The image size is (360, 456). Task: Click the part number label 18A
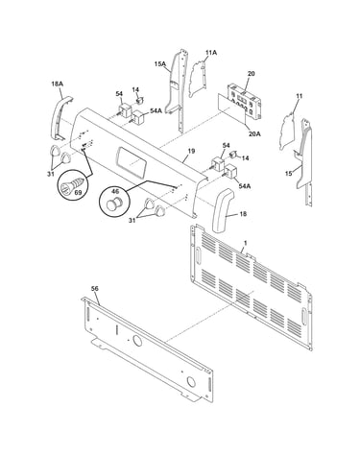coord(57,84)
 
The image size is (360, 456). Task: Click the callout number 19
coord(191,151)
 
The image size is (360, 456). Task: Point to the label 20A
coord(254,133)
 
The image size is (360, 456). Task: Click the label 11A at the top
coord(211,53)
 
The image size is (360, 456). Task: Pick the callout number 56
coord(95,289)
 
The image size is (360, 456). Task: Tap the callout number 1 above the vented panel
coord(245,243)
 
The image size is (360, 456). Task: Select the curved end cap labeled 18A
coord(60,117)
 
